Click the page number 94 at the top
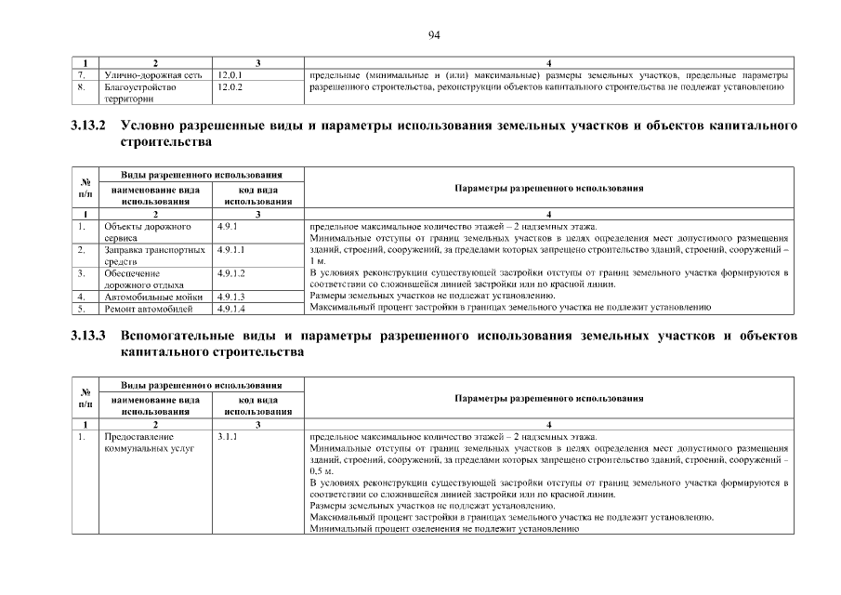[434, 34]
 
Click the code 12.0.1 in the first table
[229, 74]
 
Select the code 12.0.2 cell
[229, 86]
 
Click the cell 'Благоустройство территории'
[139, 92]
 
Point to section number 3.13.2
[89, 125]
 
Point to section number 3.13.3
[89, 334]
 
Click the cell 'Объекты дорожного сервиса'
[147, 231]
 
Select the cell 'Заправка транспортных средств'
[153, 256]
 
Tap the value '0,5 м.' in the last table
[321, 471]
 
